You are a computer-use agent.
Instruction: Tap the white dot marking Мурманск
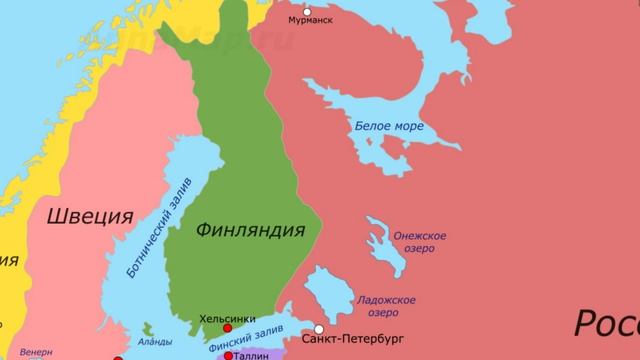click(x=308, y=7)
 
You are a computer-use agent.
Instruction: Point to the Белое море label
click(x=389, y=127)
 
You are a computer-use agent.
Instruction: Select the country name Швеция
click(x=90, y=216)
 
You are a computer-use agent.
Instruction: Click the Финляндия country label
click(x=250, y=231)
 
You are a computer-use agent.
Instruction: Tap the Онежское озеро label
click(x=420, y=242)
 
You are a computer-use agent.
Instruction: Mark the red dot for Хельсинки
click(x=228, y=328)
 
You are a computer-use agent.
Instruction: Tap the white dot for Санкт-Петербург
click(x=319, y=328)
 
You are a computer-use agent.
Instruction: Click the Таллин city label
click(x=252, y=355)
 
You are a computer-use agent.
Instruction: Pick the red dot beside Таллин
click(x=229, y=355)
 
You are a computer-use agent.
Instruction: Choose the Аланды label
click(x=155, y=341)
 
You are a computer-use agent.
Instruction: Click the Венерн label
click(x=36, y=352)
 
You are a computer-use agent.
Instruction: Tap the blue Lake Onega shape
click(x=380, y=240)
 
